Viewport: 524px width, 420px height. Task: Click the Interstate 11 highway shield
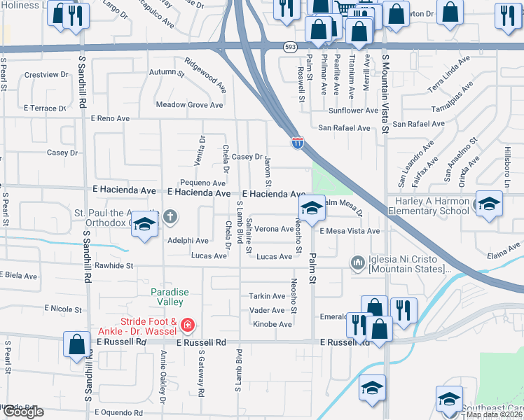298,143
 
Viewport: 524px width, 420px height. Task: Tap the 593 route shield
290,47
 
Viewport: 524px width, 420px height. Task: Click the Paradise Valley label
165,297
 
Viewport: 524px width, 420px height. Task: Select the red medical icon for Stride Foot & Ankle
187,325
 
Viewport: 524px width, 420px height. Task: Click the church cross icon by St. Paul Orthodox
170,216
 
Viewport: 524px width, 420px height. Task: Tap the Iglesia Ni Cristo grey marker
358,263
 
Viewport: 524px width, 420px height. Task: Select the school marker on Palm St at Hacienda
312,208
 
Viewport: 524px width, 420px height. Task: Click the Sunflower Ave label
354,111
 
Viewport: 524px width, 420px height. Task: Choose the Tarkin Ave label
266,296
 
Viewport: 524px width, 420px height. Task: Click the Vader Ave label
267,310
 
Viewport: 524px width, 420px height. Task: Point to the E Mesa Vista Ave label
350,230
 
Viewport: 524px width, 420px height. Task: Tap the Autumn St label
162,72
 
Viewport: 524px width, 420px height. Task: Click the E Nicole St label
63,308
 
